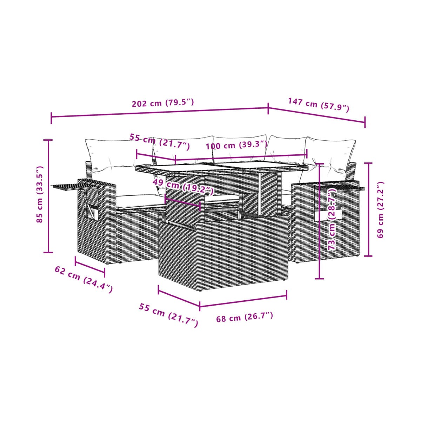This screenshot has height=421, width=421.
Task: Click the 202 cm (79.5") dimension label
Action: point(163,103)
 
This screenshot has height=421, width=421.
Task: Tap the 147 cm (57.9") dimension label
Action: point(319,105)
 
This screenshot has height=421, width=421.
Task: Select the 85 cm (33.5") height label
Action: point(40,194)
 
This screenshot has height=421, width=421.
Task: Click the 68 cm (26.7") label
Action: point(245,318)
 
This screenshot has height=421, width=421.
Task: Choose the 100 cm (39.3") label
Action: point(236,145)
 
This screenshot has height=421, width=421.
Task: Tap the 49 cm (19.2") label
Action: point(183,186)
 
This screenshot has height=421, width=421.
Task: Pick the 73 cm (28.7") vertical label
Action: point(332,219)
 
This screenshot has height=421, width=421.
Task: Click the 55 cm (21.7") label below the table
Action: point(168,315)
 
